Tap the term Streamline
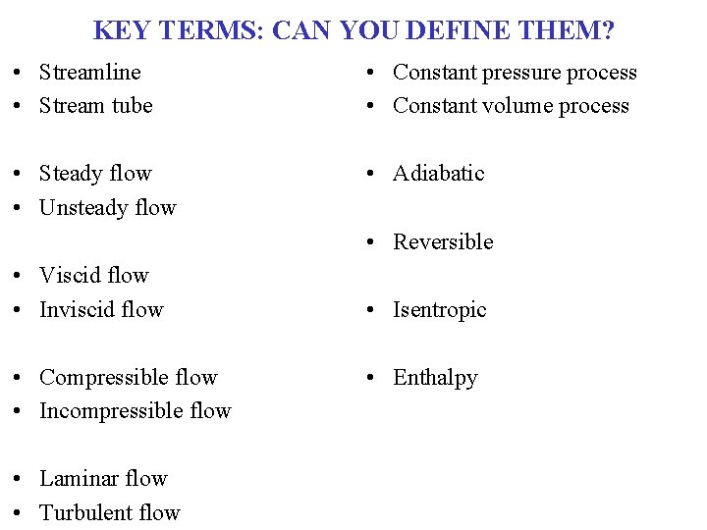click(x=89, y=73)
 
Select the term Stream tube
click(x=95, y=106)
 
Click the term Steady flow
click(x=95, y=174)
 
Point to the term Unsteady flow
click(x=107, y=208)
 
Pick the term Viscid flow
click(x=93, y=276)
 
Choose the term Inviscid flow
click(x=101, y=310)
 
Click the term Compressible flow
click(x=128, y=378)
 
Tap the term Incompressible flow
click(x=135, y=411)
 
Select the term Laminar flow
click(x=103, y=479)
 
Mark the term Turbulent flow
click(x=109, y=513)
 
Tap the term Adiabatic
click(x=439, y=174)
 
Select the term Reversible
click(x=443, y=242)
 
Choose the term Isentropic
click(x=440, y=310)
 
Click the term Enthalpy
click(x=435, y=378)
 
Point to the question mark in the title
click(x=608, y=30)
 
